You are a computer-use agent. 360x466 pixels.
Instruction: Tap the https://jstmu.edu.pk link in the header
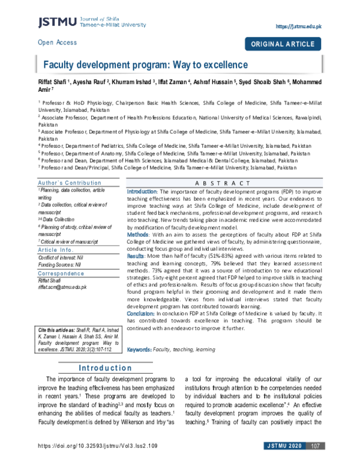(x=299, y=27)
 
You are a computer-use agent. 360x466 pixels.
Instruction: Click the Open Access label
(x=57, y=43)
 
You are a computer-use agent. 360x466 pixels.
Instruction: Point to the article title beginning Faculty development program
(x=145, y=64)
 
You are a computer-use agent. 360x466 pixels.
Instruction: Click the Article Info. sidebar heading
(x=56, y=249)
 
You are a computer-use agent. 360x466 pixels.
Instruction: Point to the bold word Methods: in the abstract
(x=139, y=234)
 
